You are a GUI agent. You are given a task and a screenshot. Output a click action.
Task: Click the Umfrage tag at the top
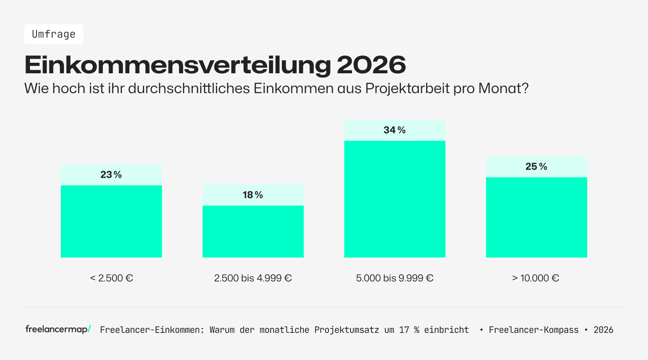[x=53, y=34]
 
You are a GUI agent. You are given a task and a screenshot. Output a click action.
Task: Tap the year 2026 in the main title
[x=371, y=65]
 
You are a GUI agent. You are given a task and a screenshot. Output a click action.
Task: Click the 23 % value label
[x=111, y=175]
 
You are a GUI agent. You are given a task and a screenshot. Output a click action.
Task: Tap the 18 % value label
[x=253, y=195]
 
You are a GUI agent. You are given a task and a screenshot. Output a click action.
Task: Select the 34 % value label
[x=394, y=130]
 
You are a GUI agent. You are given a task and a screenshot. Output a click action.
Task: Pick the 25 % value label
[x=536, y=167]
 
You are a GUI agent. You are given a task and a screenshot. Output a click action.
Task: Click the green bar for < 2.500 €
[x=111, y=221]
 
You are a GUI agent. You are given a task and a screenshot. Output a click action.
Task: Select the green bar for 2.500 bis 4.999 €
[x=253, y=231]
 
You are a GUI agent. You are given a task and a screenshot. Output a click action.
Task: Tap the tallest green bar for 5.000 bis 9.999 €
[x=394, y=199]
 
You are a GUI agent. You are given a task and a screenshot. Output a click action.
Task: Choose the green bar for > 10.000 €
[x=536, y=217]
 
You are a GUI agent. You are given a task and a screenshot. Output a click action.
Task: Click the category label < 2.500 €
[x=111, y=278]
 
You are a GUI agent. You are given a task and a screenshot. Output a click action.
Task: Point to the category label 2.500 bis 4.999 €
[x=253, y=278]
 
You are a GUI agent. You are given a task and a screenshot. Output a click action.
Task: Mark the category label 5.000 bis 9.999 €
[x=394, y=278]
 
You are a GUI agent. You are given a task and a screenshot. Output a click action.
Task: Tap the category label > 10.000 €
[x=535, y=278]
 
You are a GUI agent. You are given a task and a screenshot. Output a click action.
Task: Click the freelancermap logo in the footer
[x=58, y=329]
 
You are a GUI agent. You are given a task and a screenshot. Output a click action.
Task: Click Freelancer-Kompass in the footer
[x=533, y=330]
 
